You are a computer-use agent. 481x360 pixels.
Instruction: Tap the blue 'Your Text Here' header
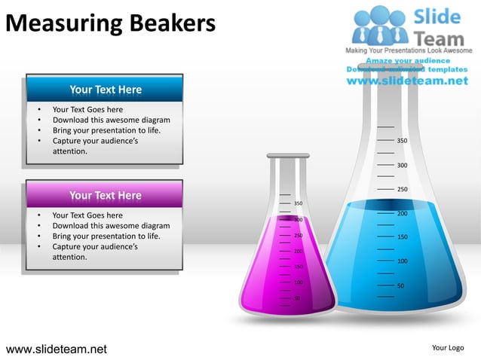pyautogui.click(x=105, y=90)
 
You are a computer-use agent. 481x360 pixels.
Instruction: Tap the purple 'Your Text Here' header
pyautogui.click(x=105, y=195)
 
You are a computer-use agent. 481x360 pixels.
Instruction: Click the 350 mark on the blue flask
pyautogui.click(x=402, y=141)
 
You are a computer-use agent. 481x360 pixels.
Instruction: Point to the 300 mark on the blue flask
pyautogui.click(x=402, y=165)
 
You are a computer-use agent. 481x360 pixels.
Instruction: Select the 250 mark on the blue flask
pyautogui.click(x=402, y=189)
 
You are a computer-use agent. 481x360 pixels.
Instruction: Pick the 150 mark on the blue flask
pyautogui.click(x=402, y=237)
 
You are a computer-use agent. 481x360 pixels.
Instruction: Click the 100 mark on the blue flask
pyautogui.click(x=402, y=261)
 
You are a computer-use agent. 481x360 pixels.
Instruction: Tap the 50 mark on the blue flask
pyautogui.click(x=400, y=286)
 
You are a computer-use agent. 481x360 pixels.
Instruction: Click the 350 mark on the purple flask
pyautogui.click(x=298, y=203)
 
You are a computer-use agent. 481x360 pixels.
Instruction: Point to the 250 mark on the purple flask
pyautogui.click(x=298, y=235)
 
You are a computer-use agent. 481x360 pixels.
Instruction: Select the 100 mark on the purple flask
pyautogui.click(x=298, y=282)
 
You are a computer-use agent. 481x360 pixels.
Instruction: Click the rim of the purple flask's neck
pyautogui.click(x=289, y=156)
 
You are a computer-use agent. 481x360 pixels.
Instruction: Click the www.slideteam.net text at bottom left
pyautogui.click(x=57, y=349)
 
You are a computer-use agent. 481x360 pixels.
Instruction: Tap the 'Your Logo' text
pyautogui.click(x=447, y=348)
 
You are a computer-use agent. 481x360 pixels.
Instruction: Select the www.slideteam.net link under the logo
pyautogui.click(x=407, y=81)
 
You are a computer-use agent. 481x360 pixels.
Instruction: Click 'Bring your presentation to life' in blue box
pyautogui.click(x=106, y=130)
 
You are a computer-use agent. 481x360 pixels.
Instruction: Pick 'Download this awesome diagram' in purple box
pyautogui.click(x=111, y=225)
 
